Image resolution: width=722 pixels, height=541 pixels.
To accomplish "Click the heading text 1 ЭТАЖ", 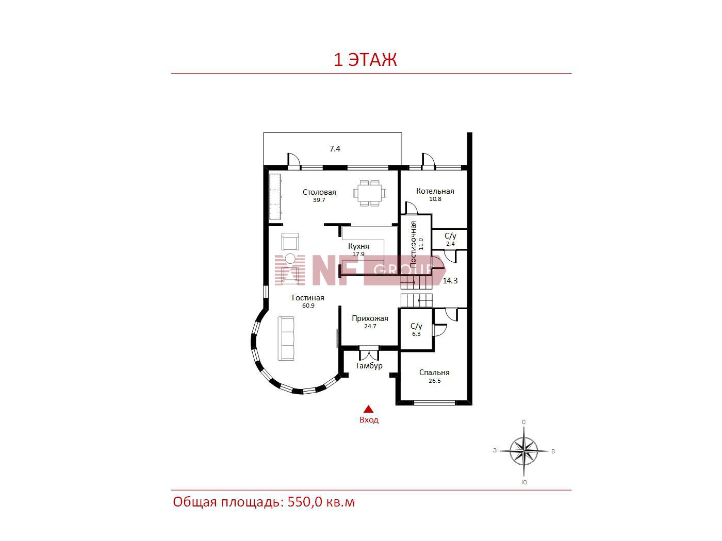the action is [x=365, y=60].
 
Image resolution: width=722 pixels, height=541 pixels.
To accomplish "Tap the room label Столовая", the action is [x=319, y=192].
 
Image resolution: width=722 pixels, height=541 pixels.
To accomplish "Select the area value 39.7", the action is [x=319, y=200].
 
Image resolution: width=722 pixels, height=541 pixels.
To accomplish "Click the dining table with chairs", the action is [x=370, y=193].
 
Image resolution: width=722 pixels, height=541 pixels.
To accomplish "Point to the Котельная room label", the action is [x=435, y=191].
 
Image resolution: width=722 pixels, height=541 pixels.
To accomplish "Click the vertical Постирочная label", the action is [x=413, y=243].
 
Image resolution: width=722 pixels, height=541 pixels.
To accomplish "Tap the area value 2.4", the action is [x=450, y=244].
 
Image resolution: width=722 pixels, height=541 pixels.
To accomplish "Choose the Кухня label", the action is [x=358, y=246].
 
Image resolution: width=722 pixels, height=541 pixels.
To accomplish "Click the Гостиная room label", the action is [x=308, y=298].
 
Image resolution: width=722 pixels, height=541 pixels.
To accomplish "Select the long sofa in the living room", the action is [x=286, y=339].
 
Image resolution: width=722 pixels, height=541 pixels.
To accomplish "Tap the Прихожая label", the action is [x=370, y=318].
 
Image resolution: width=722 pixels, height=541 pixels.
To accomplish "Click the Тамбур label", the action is [x=369, y=366].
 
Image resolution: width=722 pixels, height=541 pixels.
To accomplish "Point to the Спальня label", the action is [x=434, y=373].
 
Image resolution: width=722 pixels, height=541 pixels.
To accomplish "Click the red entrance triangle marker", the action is [x=368, y=409].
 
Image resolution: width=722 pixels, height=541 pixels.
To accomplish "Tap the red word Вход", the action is [x=369, y=420].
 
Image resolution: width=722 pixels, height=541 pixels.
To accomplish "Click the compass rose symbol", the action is [x=523, y=451].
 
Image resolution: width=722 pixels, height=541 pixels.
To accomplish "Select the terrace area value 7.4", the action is [x=335, y=149].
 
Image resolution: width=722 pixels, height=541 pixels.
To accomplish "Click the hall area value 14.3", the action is [x=450, y=280].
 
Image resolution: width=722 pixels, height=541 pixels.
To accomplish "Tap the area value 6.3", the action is [x=416, y=334].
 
